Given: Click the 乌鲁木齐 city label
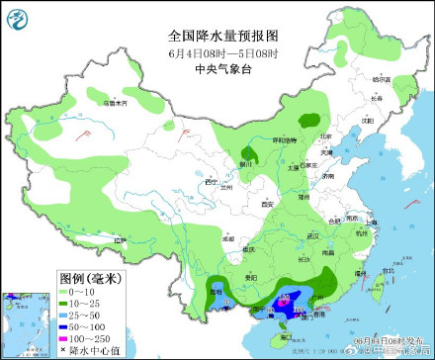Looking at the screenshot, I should point(117,103).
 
